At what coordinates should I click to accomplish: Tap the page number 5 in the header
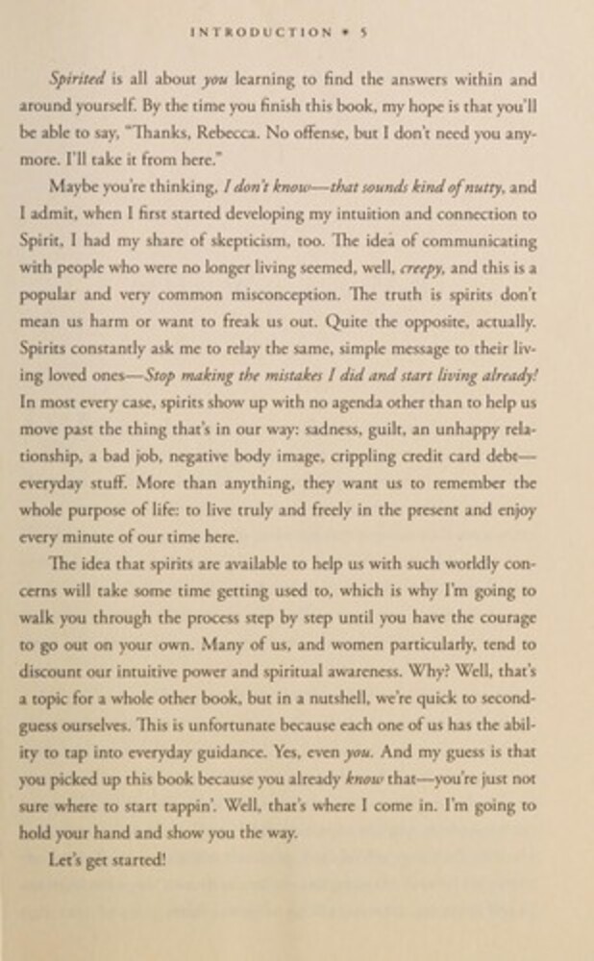click(x=365, y=32)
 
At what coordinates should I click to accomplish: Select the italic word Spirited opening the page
click(x=78, y=81)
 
